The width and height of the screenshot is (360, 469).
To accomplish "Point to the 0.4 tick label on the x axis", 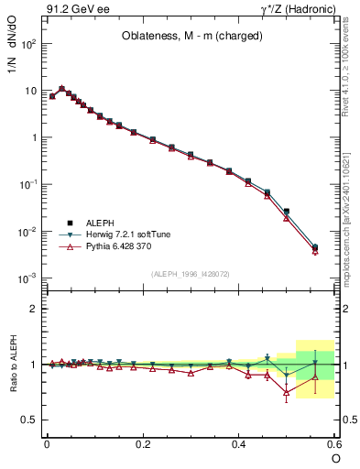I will point(238,443).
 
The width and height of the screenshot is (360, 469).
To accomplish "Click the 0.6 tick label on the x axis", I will point(333,443).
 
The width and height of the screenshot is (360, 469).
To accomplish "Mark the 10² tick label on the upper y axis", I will point(27,44).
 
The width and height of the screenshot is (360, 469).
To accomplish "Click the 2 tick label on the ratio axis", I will point(34,309).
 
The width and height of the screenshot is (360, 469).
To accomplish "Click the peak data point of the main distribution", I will point(62,89).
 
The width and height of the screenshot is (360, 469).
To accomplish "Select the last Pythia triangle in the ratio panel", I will point(315,376).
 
